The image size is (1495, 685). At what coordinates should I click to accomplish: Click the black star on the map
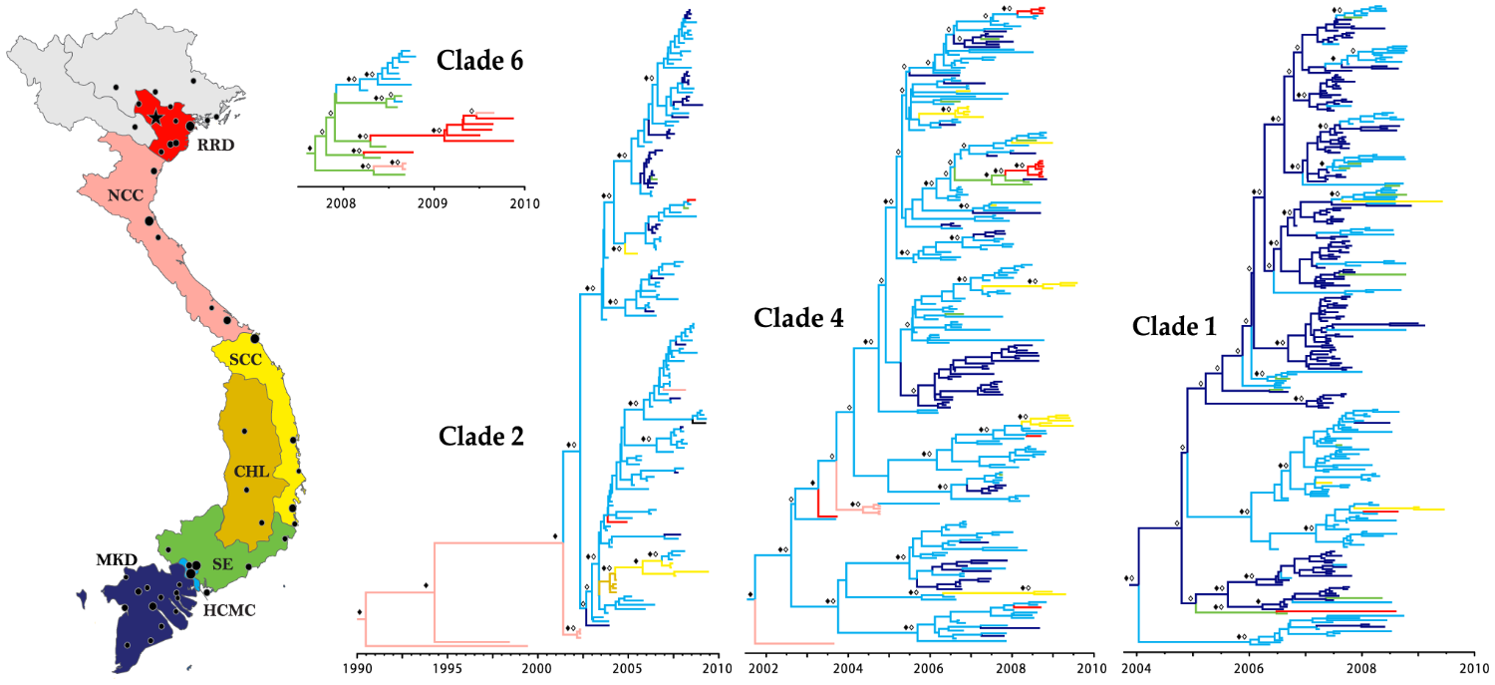156,117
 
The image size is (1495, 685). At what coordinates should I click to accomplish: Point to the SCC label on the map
245,360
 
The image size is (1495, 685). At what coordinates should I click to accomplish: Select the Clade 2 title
481,436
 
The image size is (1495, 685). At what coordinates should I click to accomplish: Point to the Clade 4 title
798,319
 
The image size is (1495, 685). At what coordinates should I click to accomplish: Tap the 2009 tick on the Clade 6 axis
435,204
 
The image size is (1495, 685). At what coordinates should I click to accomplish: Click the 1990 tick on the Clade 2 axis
358,667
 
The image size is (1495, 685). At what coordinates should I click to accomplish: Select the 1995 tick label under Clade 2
447,667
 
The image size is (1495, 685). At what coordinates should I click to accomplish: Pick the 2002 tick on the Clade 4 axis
764,667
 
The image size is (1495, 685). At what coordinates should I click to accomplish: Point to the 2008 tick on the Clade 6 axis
344,204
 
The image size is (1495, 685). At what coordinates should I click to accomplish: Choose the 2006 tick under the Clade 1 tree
1249,667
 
